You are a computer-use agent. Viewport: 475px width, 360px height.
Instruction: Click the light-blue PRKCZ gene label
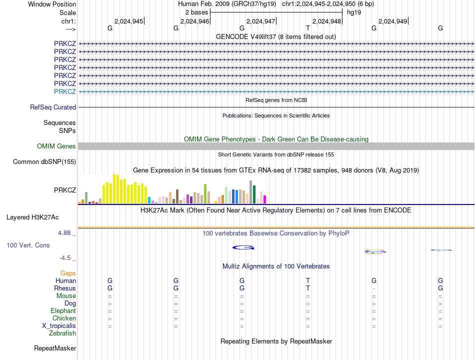coord(65,91)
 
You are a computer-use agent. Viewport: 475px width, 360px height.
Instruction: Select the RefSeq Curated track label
coord(53,107)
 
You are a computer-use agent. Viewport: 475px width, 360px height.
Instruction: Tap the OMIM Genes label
coord(56,146)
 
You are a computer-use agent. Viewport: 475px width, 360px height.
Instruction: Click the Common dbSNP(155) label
coord(44,161)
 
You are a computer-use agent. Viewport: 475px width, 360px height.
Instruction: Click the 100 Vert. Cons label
coord(28,245)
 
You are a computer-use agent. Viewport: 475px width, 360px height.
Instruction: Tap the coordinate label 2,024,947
coord(261,21)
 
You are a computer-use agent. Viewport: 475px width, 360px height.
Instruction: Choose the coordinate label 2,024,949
coord(393,21)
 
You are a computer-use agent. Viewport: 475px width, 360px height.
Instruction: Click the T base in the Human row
coord(308,281)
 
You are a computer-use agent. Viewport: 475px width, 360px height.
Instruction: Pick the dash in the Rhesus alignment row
coord(374,288)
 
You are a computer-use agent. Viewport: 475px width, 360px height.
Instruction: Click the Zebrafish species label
coord(62,333)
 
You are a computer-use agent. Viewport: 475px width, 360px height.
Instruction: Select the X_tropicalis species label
coord(59,326)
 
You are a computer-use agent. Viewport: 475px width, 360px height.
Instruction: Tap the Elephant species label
coord(63,311)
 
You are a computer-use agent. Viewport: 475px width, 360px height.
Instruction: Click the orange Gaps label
coord(68,273)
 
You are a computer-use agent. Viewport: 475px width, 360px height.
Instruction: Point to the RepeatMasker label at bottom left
coord(55,348)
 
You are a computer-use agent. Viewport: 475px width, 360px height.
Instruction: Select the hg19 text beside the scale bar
coord(354,12)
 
